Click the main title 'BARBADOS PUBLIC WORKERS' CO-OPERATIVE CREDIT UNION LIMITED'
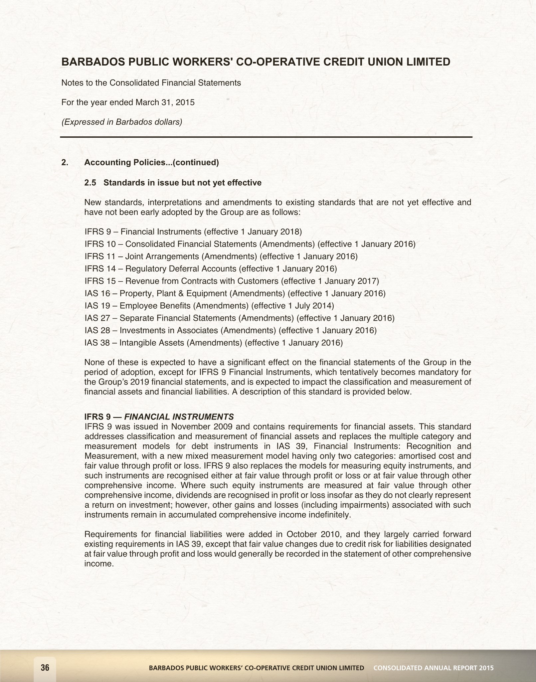256,62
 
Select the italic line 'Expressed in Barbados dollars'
122,122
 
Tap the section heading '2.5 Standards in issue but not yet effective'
173,183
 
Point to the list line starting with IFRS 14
211,268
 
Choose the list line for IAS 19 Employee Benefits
209,305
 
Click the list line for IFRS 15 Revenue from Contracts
232,281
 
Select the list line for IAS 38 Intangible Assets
214,343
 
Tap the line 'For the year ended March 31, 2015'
128,102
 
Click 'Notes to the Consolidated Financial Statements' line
151,83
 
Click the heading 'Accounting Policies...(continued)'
151,162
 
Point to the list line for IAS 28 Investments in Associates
231,330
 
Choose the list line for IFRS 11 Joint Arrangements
221,256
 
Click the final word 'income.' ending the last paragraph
99,564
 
